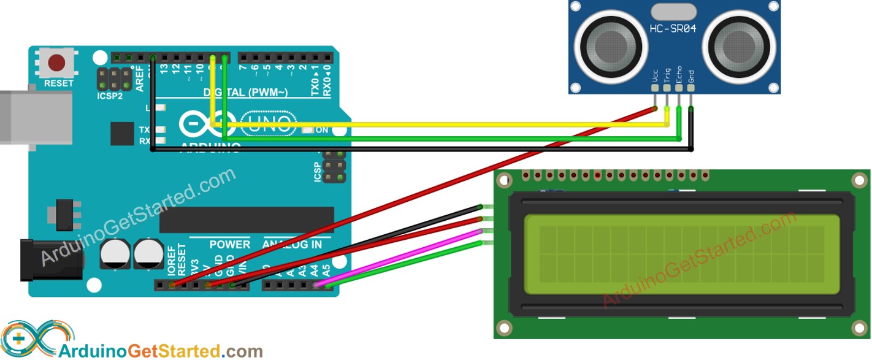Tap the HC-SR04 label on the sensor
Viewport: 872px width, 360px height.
(x=673, y=28)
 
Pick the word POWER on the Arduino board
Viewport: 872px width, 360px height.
(x=230, y=244)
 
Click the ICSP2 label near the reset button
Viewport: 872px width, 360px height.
(x=110, y=96)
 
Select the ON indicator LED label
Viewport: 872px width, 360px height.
(x=322, y=130)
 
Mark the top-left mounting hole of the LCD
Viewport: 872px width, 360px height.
(x=504, y=180)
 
